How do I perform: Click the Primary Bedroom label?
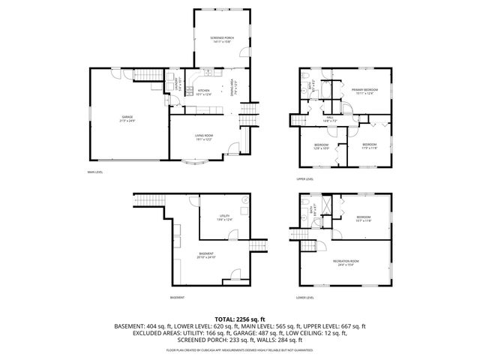tap(364, 91)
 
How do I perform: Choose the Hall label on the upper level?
tap(329, 119)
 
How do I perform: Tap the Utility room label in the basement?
tap(224, 218)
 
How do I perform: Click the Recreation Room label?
tap(344, 262)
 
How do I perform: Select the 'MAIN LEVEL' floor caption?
tap(95, 172)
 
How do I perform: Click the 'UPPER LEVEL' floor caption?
tap(304, 179)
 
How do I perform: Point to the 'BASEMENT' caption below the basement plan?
tap(177, 298)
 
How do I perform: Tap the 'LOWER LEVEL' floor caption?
tap(304, 298)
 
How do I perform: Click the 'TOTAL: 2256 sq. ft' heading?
tap(239, 319)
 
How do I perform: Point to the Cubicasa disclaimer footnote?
tap(239, 350)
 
